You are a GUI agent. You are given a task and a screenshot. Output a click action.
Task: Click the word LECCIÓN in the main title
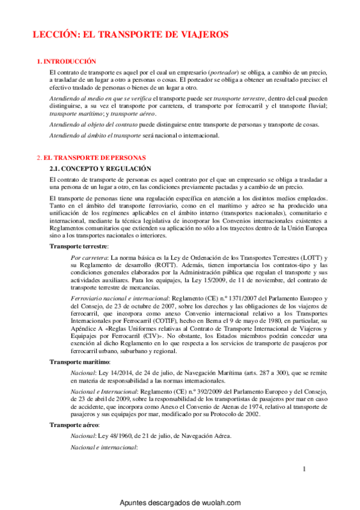pos(54,35)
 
